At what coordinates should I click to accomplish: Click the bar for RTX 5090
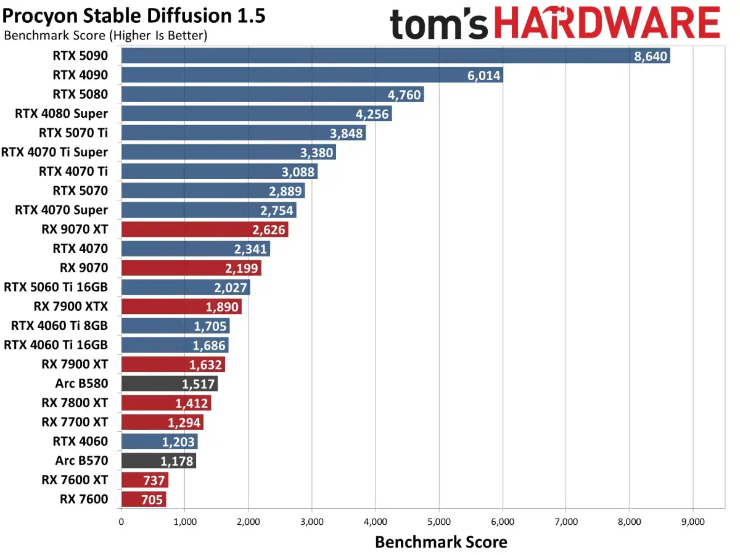click(395, 55)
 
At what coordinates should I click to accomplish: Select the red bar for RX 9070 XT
click(205, 229)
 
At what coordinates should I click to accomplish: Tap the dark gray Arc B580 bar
click(170, 384)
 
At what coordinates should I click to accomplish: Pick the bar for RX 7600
click(144, 499)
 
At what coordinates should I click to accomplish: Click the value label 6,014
click(483, 75)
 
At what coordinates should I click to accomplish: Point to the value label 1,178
click(176, 461)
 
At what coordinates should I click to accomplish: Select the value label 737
click(154, 480)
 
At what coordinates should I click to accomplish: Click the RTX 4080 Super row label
click(61, 114)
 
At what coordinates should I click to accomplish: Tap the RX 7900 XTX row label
click(71, 306)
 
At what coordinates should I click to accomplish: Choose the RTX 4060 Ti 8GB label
click(59, 326)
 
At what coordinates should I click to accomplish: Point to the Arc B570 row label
click(81, 460)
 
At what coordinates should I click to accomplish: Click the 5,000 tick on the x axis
click(439, 522)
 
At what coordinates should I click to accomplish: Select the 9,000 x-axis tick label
click(693, 522)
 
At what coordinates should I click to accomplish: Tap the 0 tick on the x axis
click(121, 522)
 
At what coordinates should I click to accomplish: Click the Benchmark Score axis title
click(441, 542)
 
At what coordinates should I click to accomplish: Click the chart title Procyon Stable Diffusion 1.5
click(134, 16)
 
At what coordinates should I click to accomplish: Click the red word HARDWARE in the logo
click(607, 23)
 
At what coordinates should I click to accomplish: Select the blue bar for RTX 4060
click(160, 442)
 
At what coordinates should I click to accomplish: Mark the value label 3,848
click(346, 133)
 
